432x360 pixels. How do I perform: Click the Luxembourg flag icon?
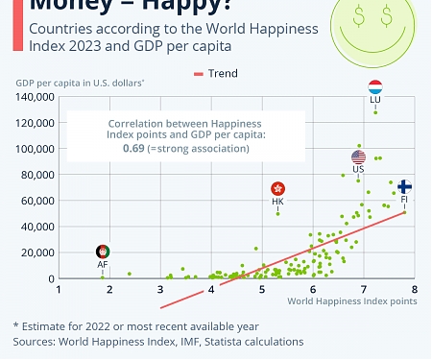coord(375,87)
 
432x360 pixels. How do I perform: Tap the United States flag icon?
coord(359,157)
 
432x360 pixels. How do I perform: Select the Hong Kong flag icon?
coord(278,190)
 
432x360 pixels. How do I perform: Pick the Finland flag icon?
coord(405,186)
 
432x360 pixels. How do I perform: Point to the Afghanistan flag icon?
coord(103,252)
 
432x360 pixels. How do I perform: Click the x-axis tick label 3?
coord(159,289)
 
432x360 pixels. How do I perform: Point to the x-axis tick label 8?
coord(414,289)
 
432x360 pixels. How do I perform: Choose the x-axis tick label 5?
coord(261,289)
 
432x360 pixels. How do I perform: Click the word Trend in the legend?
coord(223,73)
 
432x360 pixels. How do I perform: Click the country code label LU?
coord(375,101)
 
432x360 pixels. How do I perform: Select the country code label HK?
coord(278,203)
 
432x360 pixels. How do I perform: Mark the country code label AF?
coord(103,264)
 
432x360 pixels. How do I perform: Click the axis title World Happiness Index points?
coord(352,301)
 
